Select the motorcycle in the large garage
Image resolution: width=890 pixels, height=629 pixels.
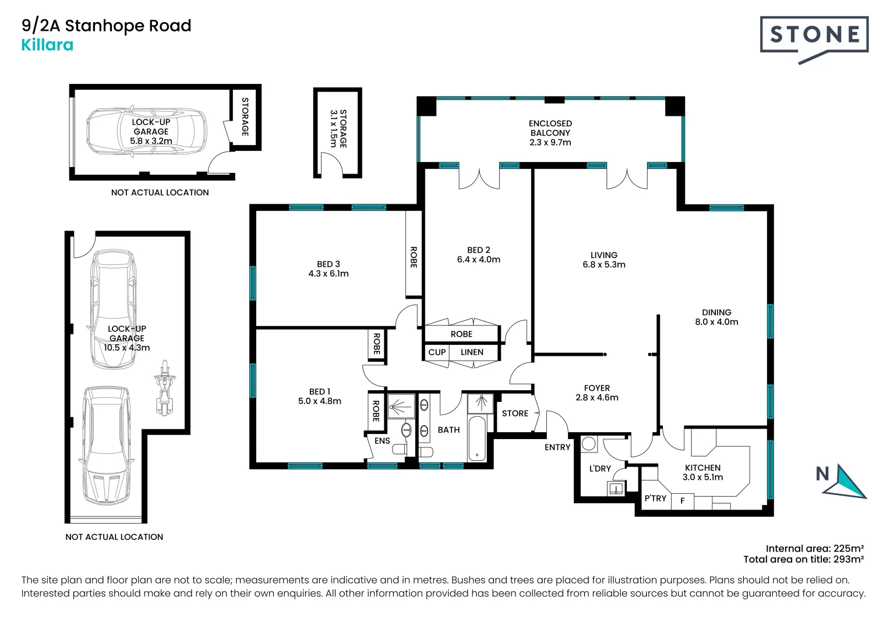[x=165, y=387]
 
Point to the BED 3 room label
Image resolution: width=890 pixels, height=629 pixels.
[x=329, y=268]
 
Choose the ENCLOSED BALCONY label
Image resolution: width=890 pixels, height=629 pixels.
[x=550, y=133]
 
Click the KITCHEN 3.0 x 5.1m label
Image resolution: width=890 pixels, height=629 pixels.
[x=702, y=472]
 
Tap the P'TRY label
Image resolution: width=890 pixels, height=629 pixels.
[x=655, y=499]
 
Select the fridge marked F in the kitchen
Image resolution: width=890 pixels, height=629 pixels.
[x=683, y=501]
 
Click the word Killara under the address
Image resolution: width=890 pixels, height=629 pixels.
[x=47, y=45]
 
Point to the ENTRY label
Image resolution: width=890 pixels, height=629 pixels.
[x=557, y=447]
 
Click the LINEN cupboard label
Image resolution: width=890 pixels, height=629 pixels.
[x=472, y=352]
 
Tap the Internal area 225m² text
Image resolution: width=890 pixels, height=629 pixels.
[x=814, y=548]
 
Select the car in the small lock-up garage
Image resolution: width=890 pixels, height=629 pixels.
[x=146, y=132]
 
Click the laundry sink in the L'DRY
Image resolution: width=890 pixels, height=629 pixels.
[x=616, y=488]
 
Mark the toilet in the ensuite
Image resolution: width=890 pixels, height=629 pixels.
[x=400, y=450]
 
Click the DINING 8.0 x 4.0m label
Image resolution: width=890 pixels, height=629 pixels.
[x=716, y=317]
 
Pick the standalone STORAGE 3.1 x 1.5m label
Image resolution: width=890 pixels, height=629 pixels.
[x=338, y=128]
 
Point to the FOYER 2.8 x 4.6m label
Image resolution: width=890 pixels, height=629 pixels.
[x=597, y=393]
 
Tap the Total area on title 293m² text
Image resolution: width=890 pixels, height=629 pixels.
[x=803, y=560]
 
